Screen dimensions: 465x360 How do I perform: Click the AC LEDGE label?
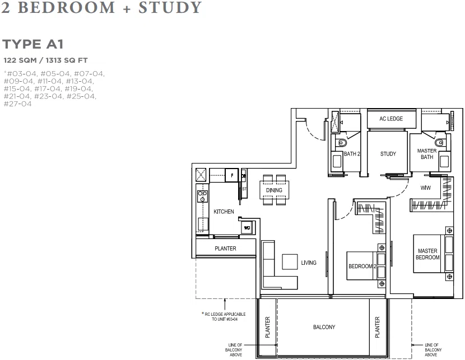391,119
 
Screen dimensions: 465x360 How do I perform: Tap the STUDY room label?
388,154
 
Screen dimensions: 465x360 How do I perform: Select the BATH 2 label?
352,154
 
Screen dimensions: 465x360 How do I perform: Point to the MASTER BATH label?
427,154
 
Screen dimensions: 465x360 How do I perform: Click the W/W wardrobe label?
426,188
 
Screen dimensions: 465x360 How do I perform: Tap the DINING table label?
274,190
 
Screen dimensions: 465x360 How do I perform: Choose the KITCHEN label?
224,212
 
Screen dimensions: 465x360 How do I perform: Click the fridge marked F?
232,175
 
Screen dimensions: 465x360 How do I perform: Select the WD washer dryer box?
247,228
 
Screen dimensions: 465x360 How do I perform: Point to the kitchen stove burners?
203,196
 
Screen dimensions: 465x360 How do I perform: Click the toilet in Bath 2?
342,143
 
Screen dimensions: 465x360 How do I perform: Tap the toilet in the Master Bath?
441,143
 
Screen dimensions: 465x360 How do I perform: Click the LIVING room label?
309,263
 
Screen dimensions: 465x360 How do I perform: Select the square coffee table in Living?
290,262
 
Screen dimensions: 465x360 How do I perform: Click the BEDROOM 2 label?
362,266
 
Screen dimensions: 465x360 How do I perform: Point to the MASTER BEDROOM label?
427,254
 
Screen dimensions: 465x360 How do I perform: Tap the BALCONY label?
324,327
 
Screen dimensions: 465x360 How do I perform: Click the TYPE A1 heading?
33,44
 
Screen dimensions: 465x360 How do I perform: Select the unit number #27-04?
17,104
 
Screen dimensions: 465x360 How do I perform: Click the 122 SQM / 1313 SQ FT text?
46,60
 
